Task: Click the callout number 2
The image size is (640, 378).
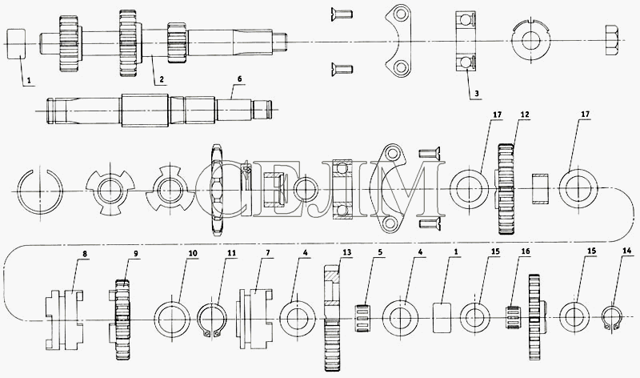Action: coord(162,80)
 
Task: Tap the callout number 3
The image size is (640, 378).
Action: coord(476,94)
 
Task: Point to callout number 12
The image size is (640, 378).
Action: coord(525,115)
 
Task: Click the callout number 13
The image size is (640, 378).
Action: coord(346,252)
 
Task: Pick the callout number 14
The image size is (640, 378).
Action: coord(626,251)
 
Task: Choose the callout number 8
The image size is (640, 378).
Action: coord(85,254)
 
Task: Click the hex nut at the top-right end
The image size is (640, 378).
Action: coord(613,42)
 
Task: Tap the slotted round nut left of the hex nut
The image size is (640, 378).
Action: coord(531,42)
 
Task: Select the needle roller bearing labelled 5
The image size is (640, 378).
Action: coord(361,318)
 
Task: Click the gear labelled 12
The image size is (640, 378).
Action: coord(506,189)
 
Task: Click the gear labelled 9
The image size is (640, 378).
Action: coord(122,320)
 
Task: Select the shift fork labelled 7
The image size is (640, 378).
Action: coord(255,319)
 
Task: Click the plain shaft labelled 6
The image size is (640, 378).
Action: coord(158,110)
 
